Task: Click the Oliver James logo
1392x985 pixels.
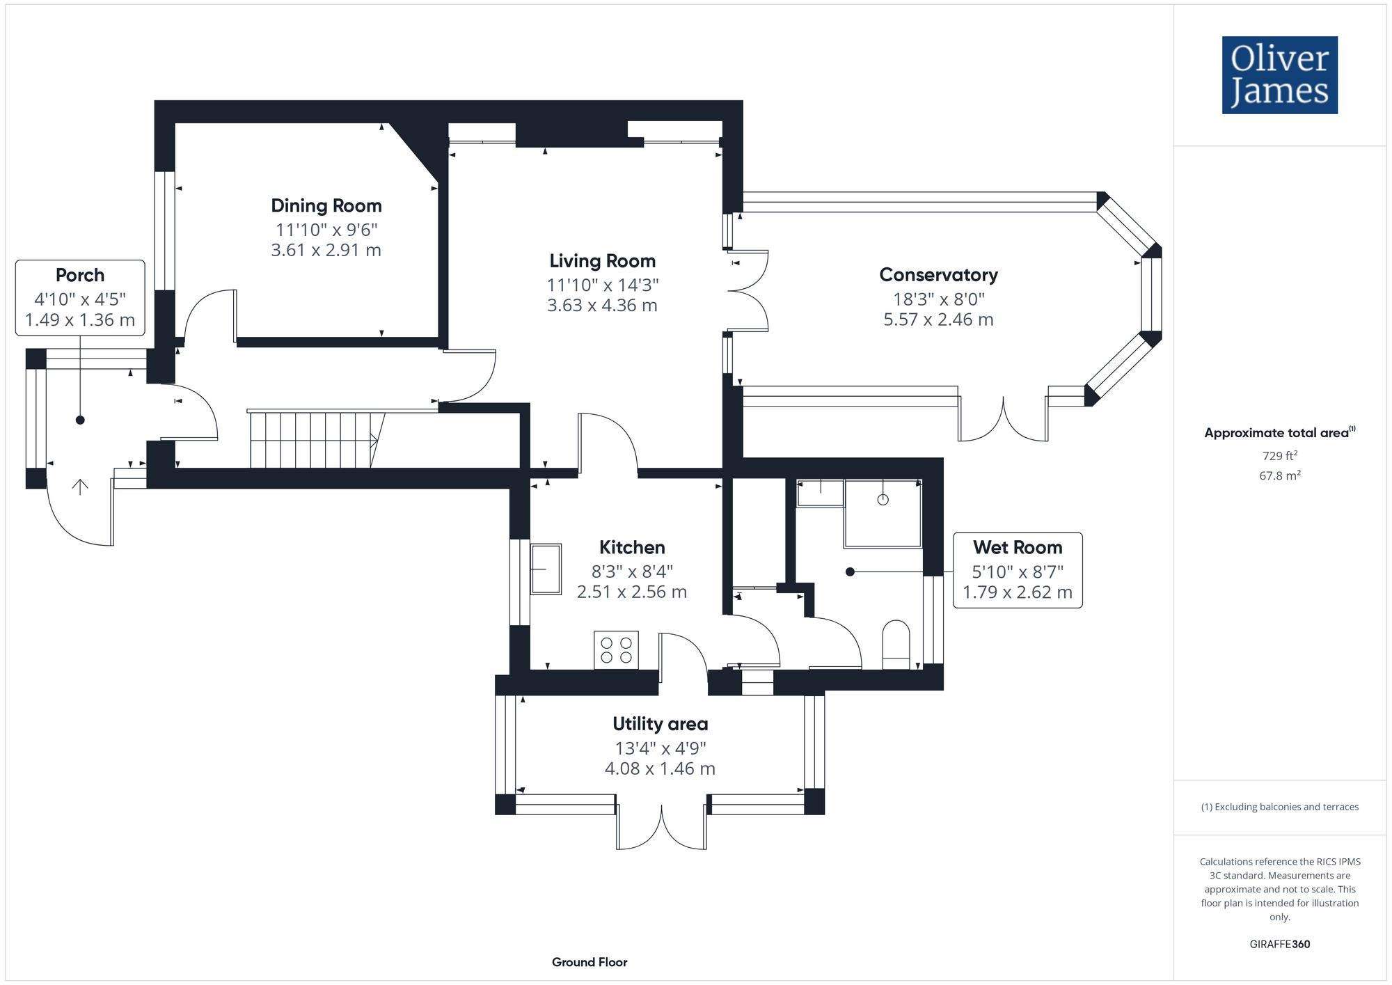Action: pos(1279,75)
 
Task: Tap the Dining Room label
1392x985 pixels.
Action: pos(326,206)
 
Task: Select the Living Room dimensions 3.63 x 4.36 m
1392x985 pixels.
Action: pos(602,306)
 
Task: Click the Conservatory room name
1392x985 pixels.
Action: pos(938,275)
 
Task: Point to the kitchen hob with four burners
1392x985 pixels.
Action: pos(616,650)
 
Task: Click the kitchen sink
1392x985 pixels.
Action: pos(546,569)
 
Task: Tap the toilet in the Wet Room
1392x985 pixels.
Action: pos(896,644)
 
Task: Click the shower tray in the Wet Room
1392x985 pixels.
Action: pos(883,513)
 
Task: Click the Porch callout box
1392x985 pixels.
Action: pos(80,298)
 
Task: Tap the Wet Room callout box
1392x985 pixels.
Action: pos(1017,570)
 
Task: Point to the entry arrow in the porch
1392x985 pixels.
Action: pos(80,487)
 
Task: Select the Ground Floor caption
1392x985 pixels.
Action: pos(590,962)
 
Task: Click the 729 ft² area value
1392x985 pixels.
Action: pos(1279,456)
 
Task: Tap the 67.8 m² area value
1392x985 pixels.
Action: pos(1279,475)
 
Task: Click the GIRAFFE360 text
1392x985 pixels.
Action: pos(1279,945)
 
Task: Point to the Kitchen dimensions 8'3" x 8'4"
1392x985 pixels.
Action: pos(632,572)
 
